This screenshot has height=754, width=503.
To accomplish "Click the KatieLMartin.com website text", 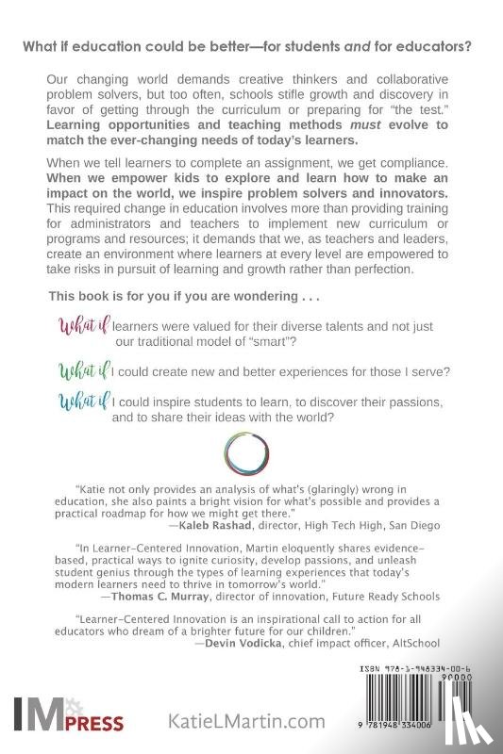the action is coord(246,721).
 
